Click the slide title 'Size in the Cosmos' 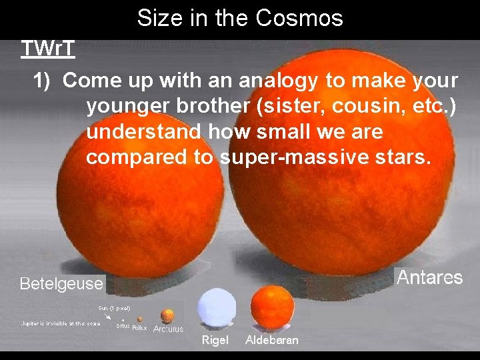tap(240, 17)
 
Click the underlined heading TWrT tap(47, 49)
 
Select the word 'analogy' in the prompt tap(279, 81)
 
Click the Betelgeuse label tap(61, 284)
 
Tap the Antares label tap(429, 277)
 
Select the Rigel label tap(215, 340)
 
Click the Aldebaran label tap(272, 340)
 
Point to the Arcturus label tap(168, 329)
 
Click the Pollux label tap(139, 327)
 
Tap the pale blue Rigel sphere tap(217, 308)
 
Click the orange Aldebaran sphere tap(272, 305)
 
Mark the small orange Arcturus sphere tap(168, 315)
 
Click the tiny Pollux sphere tap(140, 319)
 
